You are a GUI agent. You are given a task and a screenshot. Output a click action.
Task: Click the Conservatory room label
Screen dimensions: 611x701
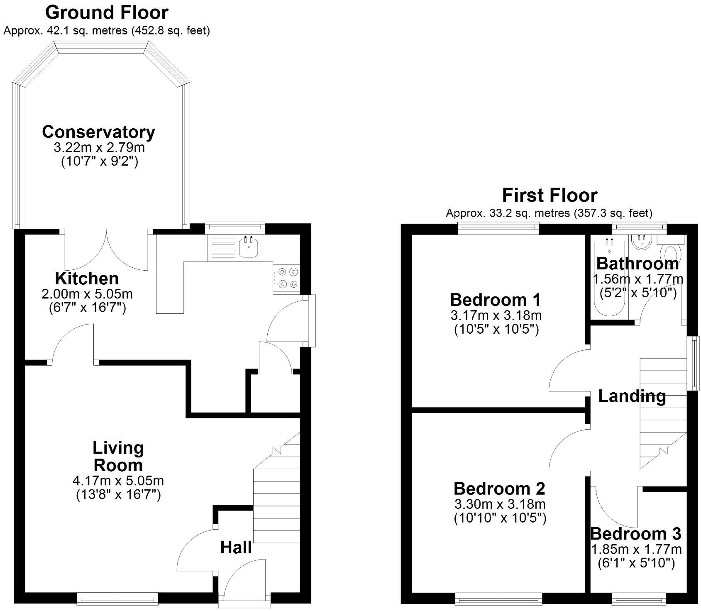pyautogui.click(x=98, y=132)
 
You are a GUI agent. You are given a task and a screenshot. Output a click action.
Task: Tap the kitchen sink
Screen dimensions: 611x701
pyautogui.click(x=250, y=248)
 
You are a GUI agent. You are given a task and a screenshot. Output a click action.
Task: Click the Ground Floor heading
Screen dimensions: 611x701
pyautogui.click(x=107, y=12)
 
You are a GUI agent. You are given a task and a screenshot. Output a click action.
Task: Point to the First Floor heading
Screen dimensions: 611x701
pyautogui.click(x=550, y=195)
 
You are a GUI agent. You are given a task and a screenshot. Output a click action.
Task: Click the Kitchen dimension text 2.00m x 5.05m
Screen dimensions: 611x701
pyautogui.click(x=87, y=294)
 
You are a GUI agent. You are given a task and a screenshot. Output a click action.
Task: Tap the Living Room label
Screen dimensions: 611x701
pyautogui.click(x=118, y=456)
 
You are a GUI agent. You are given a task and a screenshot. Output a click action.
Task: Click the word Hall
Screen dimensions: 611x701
pyautogui.click(x=236, y=547)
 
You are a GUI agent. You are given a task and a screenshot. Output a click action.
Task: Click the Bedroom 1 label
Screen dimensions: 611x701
pyautogui.click(x=495, y=299)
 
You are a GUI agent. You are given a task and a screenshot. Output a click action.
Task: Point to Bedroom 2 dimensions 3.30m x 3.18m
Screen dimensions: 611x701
pyautogui.click(x=499, y=504)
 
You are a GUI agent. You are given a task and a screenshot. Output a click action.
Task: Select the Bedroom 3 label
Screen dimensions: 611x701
pyautogui.click(x=635, y=533)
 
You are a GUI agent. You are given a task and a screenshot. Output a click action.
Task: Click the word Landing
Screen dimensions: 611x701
pyautogui.click(x=632, y=396)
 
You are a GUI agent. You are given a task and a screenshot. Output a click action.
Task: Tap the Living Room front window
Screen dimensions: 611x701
pyautogui.click(x=117, y=598)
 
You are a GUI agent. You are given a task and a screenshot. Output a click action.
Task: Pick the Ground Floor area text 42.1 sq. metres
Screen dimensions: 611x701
pyautogui.click(x=85, y=31)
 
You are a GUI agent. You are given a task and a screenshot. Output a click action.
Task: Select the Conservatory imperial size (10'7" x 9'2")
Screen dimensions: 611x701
pyautogui.click(x=99, y=161)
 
